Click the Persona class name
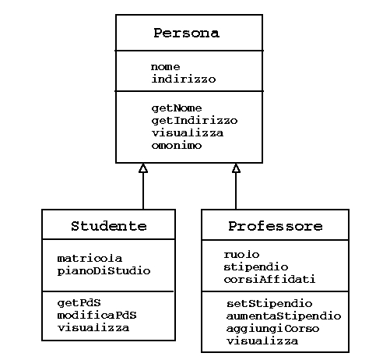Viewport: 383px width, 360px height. pyautogui.click(x=187, y=33)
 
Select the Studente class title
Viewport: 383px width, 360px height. pyautogui.click(x=109, y=226)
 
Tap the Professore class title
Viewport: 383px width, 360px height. pyautogui.click(x=276, y=226)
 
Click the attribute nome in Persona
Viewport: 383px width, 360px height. pyautogui.click(x=165, y=67)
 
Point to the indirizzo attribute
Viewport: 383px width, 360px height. pyautogui.click(x=184, y=79)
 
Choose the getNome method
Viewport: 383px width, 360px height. pyautogui.click(x=177, y=108)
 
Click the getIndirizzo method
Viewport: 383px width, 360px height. pyautogui.click(x=195, y=121)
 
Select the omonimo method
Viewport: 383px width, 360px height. pyautogui.click(x=177, y=146)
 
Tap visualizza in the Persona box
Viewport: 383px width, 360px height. pyautogui.click(x=188, y=133)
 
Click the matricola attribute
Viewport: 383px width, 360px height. pyautogui.click(x=90, y=259)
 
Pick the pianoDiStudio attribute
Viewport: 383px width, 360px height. pyautogui.click(x=104, y=271)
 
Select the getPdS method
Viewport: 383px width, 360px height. pyautogui.click(x=79, y=303)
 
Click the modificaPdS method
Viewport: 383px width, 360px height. pyautogui.click(x=97, y=316)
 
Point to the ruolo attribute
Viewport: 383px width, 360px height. pyautogui.click(x=241, y=255)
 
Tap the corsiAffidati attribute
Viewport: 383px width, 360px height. pyautogui.click(x=269, y=280)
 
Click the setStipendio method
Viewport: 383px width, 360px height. pyautogui.click(x=269, y=304)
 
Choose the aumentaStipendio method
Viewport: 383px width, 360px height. pyautogui.click(x=283, y=316)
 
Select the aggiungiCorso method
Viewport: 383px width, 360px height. pyautogui.click(x=272, y=329)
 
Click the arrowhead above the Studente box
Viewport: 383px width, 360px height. pyautogui.click(x=143, y=168)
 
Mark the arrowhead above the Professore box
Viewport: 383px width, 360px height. pyautogui.click(x=236, y=168)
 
